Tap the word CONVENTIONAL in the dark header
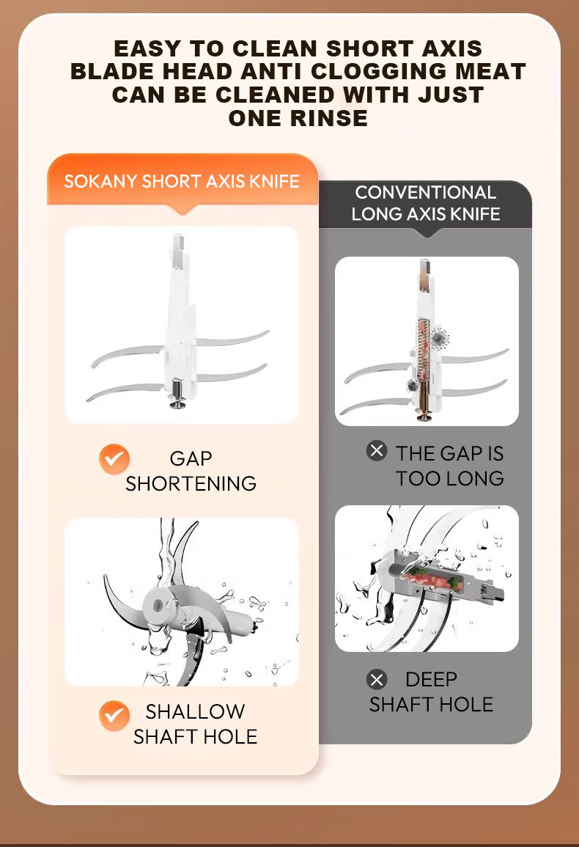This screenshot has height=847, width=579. (x=426, y=192)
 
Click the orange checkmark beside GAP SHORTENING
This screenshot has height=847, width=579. (x=114, y=459)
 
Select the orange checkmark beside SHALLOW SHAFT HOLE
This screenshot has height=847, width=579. (x=114, y=715)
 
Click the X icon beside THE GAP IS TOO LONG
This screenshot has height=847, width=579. (x=377, y=450)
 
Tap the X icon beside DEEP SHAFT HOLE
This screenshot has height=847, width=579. (x=377, y=679)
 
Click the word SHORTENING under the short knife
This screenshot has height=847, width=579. (x=191, y=483)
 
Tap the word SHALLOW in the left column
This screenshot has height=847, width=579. (x=195, y=711)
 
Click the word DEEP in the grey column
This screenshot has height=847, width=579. (x=431, y=679)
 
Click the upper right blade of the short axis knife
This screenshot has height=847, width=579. (x=232, y=339)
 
